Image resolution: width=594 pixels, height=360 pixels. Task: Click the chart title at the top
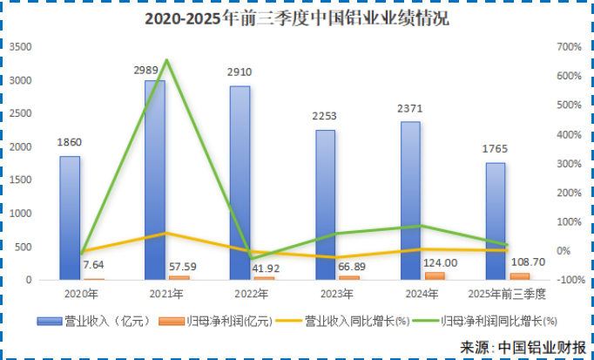click(x=296, y=18)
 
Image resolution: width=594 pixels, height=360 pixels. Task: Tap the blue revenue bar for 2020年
click(x=70, y=218)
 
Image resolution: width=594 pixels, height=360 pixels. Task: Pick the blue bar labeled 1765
click(x=496, y=222)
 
